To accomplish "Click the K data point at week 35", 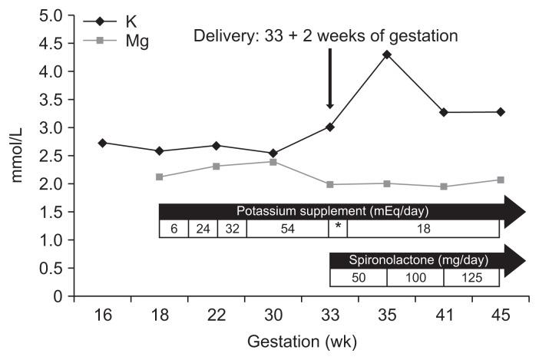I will (x=386, y=54).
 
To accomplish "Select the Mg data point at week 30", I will (x=273, y=162).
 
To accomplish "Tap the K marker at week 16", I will (x=102, y=143).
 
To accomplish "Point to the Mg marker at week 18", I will (x=159, y=177).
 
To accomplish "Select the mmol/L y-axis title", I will (x=18, y=157).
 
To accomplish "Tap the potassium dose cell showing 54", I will (x=287, y=229).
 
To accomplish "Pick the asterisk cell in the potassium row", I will (x=338, y=228).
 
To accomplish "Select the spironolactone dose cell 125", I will (x=471, y=278).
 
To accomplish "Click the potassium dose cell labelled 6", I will (x=174, y=229).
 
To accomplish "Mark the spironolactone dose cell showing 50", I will (x=358, y=278).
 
